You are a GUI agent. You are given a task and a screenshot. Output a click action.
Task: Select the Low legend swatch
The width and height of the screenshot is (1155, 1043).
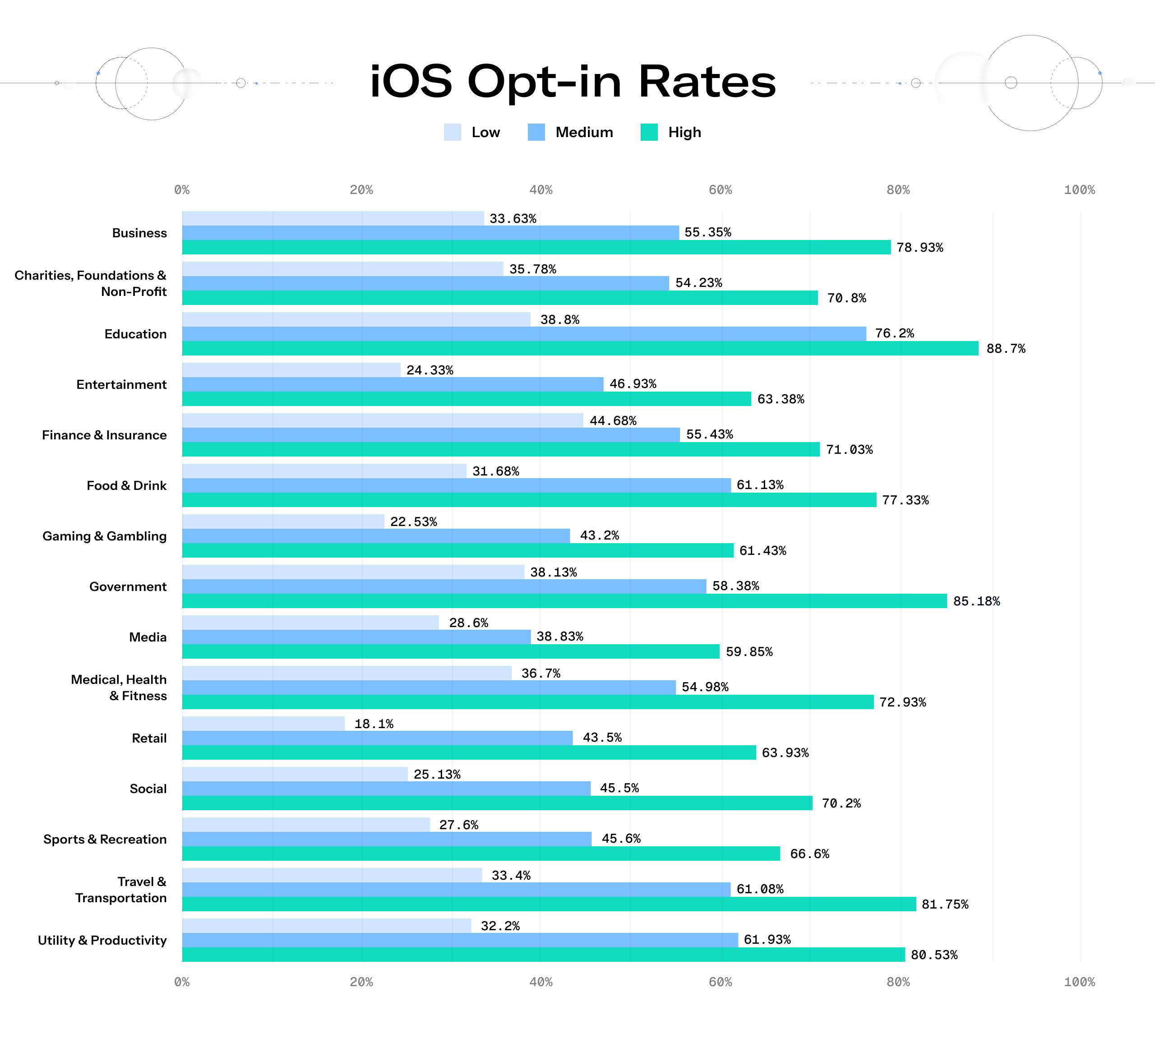point(452,132)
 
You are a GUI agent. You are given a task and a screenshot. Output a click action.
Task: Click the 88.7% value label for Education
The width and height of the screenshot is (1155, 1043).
point(1006,348)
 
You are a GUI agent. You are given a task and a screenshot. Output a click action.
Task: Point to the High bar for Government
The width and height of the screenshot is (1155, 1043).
point(564,601)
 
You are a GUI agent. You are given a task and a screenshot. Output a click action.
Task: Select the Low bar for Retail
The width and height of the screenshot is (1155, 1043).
point(263,724)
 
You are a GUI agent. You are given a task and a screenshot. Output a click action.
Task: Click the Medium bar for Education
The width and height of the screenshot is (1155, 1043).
point(524,334)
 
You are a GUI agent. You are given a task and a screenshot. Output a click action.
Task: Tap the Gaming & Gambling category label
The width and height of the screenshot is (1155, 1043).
point(104,536)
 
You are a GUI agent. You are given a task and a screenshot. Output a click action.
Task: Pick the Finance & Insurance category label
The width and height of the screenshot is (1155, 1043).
point(104,435)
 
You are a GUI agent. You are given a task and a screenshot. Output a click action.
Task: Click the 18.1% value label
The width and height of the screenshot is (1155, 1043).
point(374,724)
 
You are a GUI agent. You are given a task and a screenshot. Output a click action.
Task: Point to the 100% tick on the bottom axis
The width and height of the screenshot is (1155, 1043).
point(1079,982)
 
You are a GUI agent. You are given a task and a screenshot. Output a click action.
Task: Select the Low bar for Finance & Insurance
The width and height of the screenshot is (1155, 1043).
point(383,420)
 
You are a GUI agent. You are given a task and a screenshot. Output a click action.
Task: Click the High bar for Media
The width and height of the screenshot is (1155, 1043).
point(451,651)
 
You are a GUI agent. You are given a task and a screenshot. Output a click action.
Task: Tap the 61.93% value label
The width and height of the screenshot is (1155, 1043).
point(767,939)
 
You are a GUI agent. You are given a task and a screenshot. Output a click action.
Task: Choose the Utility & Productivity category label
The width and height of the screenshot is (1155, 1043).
point(102,940)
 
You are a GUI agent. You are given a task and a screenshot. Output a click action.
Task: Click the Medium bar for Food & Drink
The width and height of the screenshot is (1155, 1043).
point(457,485)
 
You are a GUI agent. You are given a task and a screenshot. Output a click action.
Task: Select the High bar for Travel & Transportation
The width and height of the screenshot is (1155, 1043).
point(549,904)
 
